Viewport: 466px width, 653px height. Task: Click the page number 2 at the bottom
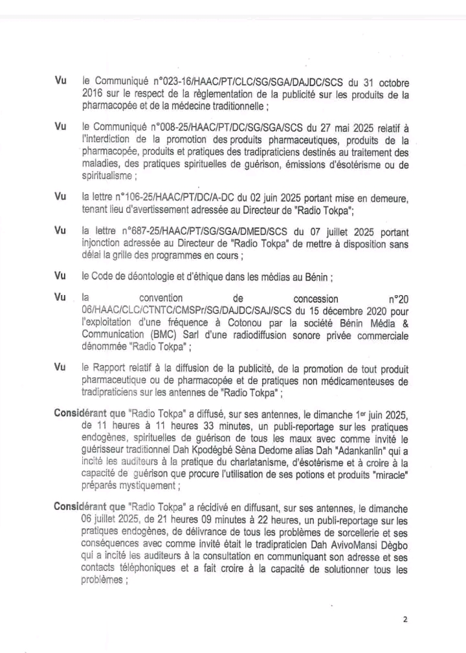coord(405,619)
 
